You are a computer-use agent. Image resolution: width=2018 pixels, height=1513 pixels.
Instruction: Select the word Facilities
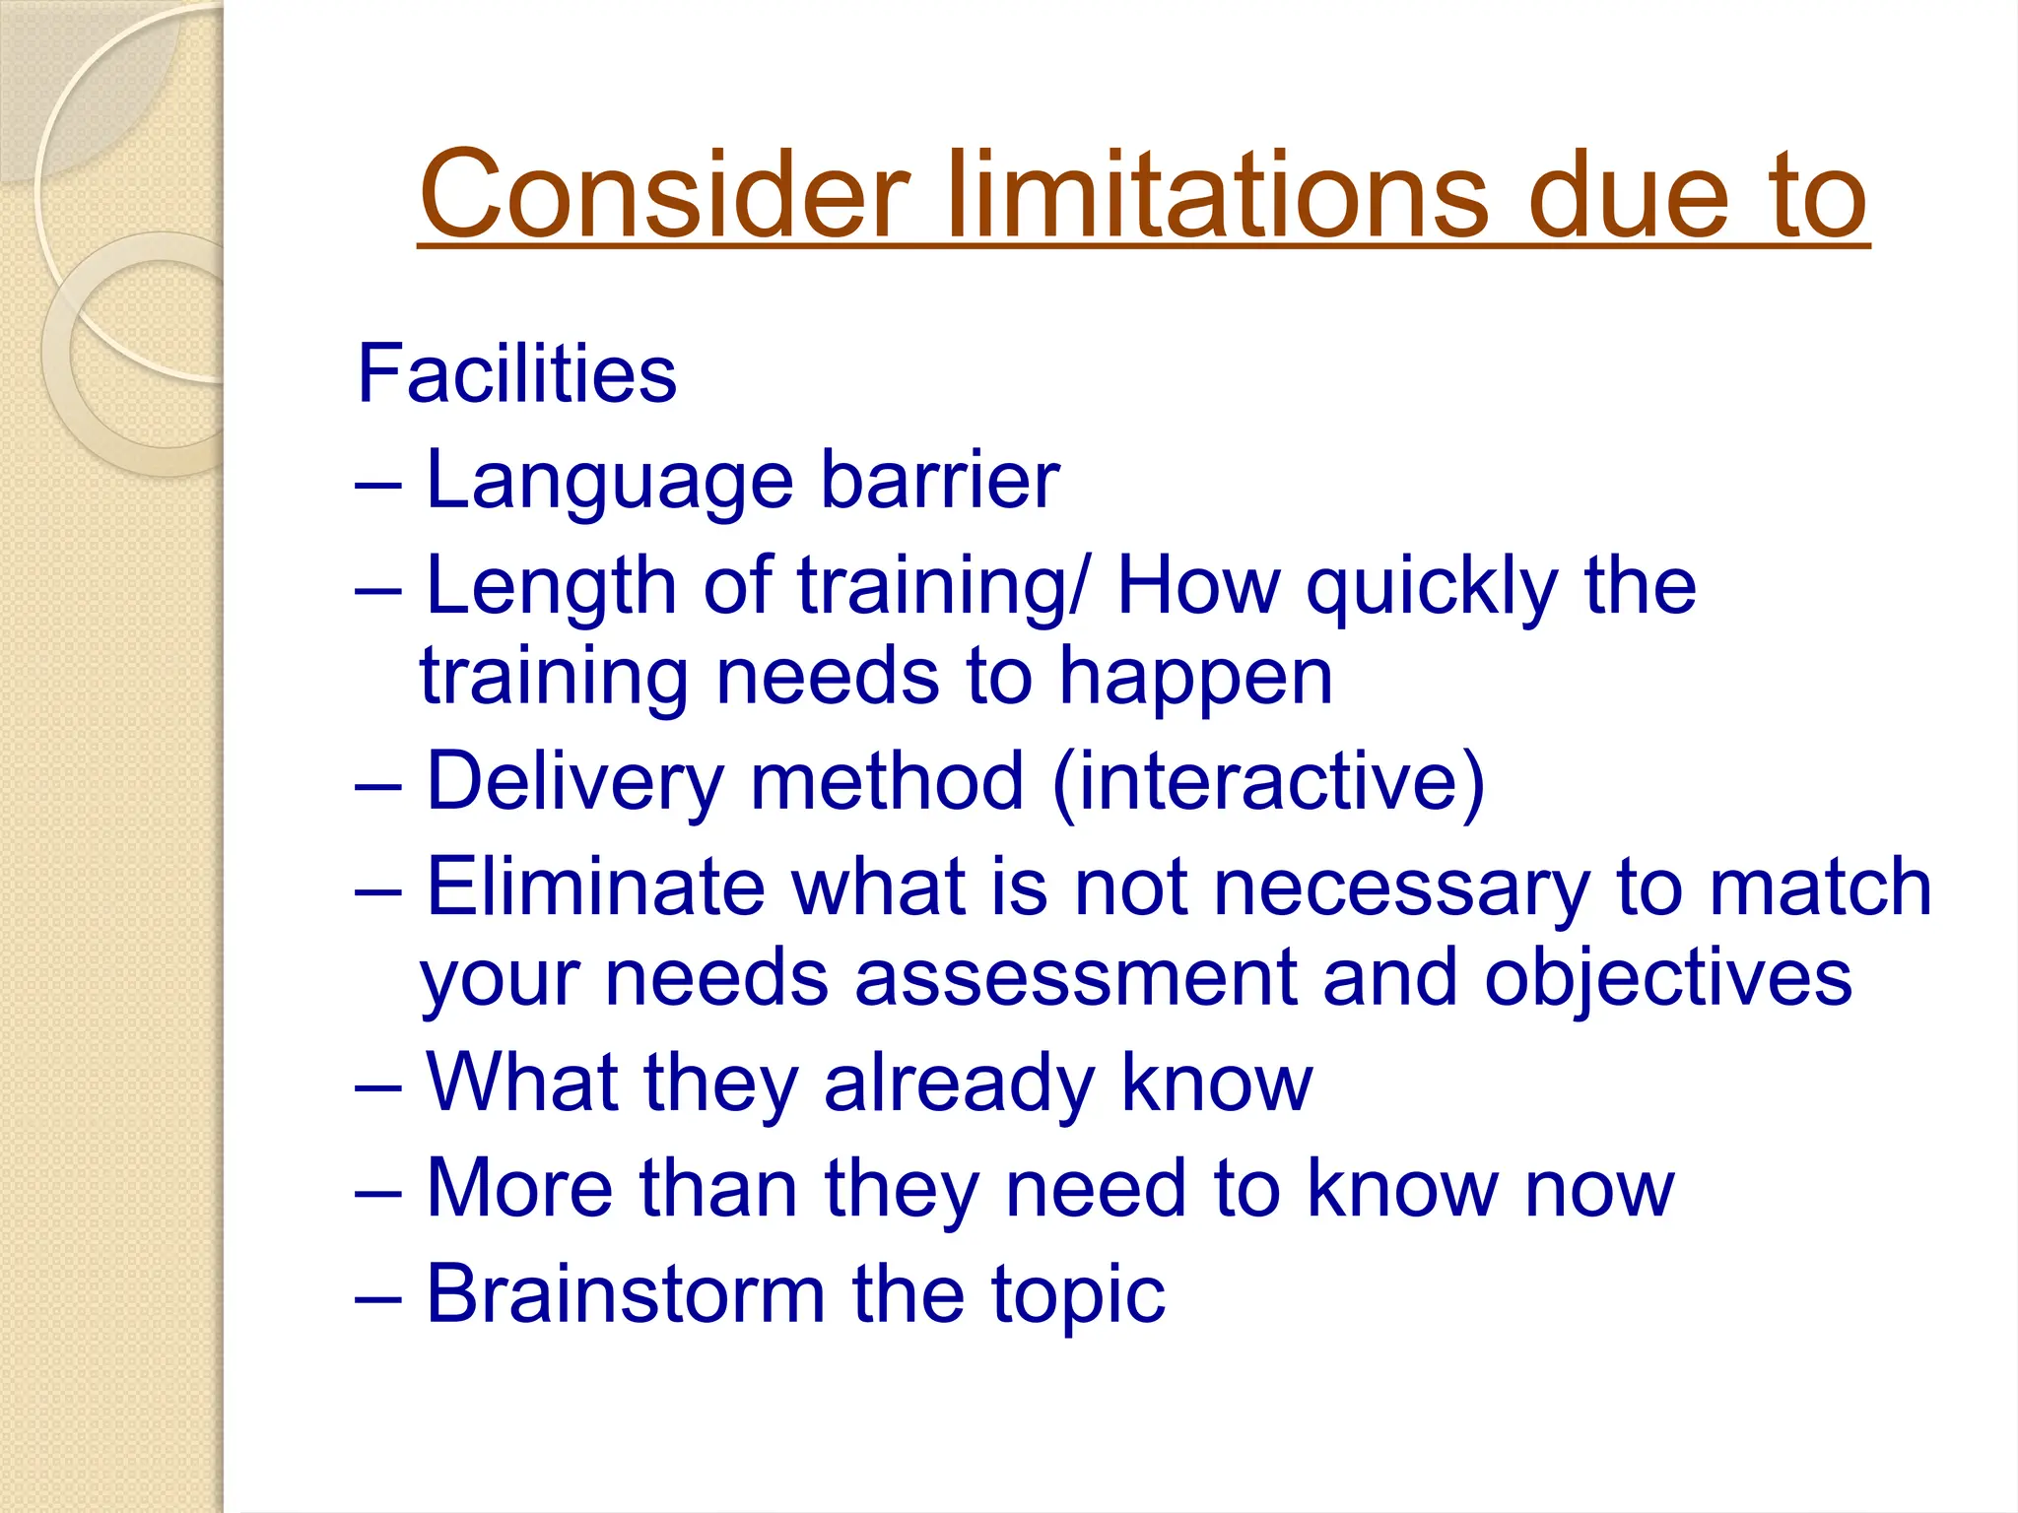(x=516, y=374)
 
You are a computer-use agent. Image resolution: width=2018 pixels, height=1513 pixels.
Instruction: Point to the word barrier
(x=940, y=481)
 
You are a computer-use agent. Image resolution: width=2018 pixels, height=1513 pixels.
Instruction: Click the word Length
(x=551, y=587)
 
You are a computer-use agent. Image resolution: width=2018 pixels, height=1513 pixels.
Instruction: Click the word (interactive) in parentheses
(x=1268, y=783)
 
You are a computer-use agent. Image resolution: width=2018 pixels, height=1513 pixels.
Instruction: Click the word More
(x=519, y=1189)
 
